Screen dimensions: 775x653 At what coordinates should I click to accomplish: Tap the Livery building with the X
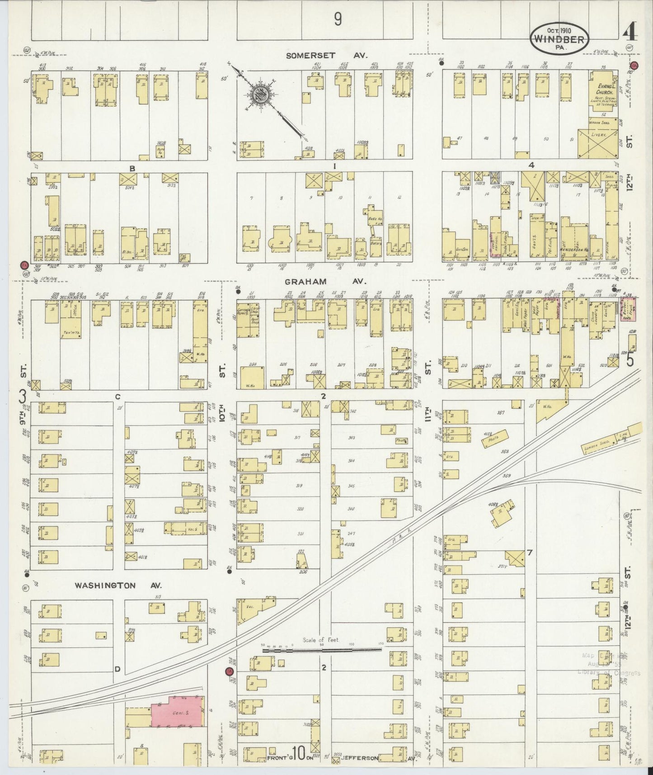pos(597,142)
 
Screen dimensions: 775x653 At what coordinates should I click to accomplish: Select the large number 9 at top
pos(337,19)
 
